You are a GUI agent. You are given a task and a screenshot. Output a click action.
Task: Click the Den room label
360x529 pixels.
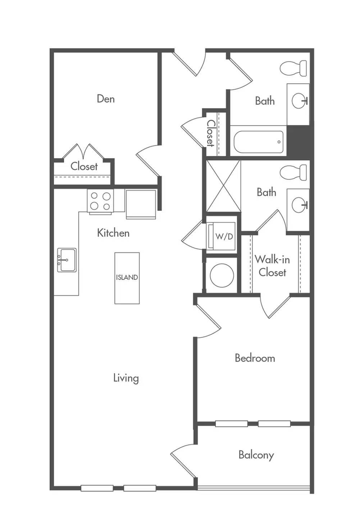pyautogui.click(x=106, y=99)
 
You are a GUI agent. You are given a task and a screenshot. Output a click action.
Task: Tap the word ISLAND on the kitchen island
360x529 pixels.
pyautogui.click(x=127, y=277)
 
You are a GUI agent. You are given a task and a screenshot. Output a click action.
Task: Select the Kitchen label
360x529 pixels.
pyautogui.click(x=113, y=233)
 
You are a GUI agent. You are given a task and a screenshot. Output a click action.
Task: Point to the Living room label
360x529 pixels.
pyautogui.click(x=126, y=378)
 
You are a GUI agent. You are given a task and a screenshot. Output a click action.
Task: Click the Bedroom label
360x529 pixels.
pyautogui.click(x=255, y=358)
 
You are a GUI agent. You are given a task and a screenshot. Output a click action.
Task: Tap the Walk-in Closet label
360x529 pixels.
pyautogui.click(x=272, y=266)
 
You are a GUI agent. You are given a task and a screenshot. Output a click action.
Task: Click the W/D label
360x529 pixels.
pyautogui.click(x=224, y=236)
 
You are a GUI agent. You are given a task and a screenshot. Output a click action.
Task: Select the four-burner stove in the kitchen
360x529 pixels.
pyautogui.click(x=100, y=202)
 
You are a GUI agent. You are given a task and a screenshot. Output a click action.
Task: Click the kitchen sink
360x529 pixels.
pyautogui.click(x=67, y=260)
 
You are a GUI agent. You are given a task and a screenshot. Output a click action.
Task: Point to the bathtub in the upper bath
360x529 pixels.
pyautogui.click(x=259, y=142)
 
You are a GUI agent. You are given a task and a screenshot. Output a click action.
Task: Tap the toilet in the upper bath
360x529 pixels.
pyautogui.click(x=293, y=68)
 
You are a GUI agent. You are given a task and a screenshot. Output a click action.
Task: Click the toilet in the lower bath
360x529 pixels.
pyautogui.click(x=293, y=173)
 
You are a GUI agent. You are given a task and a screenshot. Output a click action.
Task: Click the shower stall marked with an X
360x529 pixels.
pyautogui.click(x=223, y=186)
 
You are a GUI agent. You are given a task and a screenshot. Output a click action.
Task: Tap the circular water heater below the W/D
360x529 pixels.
pyautogui.click(x=222, y=275)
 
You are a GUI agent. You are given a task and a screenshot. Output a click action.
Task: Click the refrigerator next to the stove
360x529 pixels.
pyautogui.click(x=141, y=205)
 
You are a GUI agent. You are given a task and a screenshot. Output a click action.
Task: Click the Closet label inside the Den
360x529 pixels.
pyautogui.click(x=84, y=167)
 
